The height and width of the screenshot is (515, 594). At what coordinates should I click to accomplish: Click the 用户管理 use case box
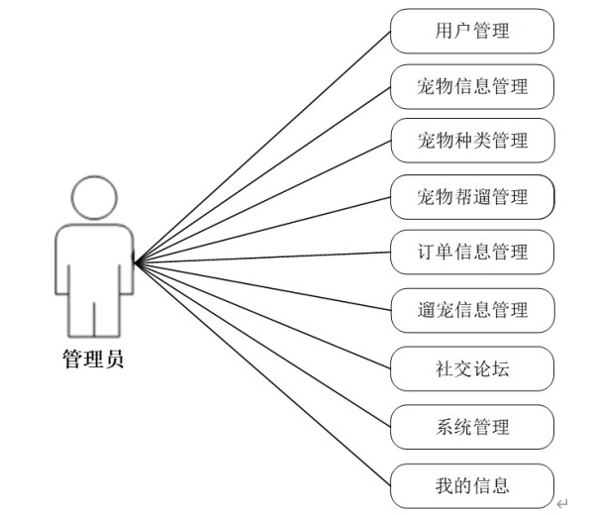click(x=471, y=31)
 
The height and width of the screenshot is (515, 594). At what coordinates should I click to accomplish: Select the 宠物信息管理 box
click(x=471, y=86)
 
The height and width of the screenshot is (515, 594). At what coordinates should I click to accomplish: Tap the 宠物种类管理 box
click(x=471, y=141)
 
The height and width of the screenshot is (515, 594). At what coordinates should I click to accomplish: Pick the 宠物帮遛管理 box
click(x=471, y=196)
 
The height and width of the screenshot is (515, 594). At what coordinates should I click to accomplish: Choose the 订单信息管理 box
click(x=471, y=252)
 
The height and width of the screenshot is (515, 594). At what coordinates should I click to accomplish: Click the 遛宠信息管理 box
click(x=471, y=309)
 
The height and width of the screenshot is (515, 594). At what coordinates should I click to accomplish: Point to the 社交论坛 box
click(x=471, y=370)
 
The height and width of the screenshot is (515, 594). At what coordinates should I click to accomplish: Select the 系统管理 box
click(x=471, y=427)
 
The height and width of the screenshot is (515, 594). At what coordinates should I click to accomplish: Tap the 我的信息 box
click(x=471, y=485)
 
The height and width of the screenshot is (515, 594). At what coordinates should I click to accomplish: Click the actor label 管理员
click(x=93, y=359)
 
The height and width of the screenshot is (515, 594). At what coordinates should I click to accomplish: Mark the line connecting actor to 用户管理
click(x=262, y=147)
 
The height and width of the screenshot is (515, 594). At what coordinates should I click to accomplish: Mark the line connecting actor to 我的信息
click(x=262, y=372)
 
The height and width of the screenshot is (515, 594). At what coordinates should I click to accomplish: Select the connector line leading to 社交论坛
click(x=262, y=316)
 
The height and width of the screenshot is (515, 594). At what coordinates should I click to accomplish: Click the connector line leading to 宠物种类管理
click(x=262, y=201)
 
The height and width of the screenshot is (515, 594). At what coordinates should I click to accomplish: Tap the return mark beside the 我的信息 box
click(x=561, y=503)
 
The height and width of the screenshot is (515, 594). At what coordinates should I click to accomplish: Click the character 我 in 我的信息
click(x=444, y=485)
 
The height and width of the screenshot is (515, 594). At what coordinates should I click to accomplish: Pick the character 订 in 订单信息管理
click(x=426, y=252)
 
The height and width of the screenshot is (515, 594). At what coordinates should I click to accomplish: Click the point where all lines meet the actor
click(x=136, y=262)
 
